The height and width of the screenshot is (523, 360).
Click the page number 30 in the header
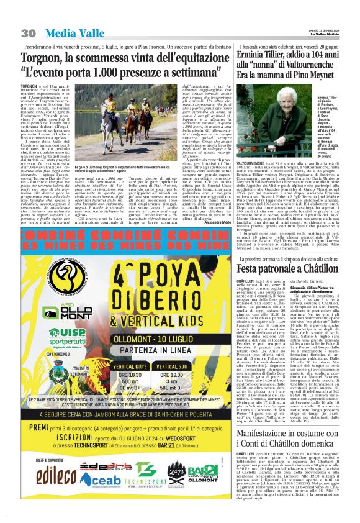pos(29,32)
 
